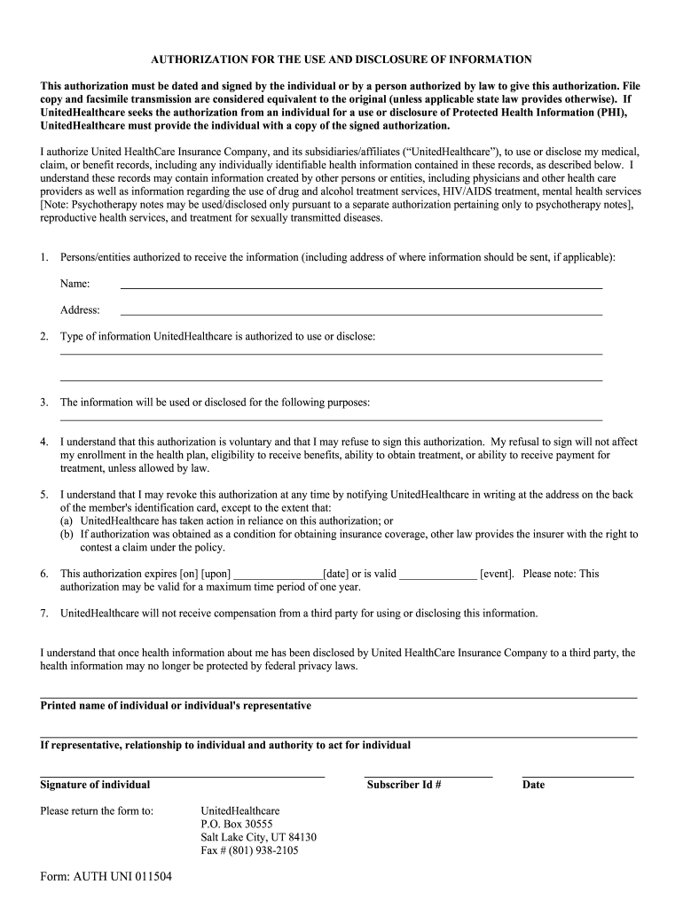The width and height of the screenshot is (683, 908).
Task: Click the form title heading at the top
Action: tap(341, 59)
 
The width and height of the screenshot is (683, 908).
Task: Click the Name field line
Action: tap(361, 286)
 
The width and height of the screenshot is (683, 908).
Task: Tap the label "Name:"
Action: tap(75, 284)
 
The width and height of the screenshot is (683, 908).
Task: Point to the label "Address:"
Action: tap(80, 310)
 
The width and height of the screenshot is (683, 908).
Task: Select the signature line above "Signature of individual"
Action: tap(183, 777)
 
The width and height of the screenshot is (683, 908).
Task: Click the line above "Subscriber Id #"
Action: tap(428, 777)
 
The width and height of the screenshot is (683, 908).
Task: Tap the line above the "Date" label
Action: tap(577, 777)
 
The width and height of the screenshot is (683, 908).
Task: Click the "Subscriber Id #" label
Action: tap(404, 785)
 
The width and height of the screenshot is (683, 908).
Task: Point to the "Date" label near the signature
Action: tap(533, 785)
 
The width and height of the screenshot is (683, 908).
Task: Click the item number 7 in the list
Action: tap(44, 613)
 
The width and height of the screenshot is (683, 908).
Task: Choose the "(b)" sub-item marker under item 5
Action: tap(67, 535)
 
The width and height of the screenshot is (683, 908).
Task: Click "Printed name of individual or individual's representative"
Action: tap(176, 706)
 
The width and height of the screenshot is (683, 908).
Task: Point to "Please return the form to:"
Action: tap(97, 810)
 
